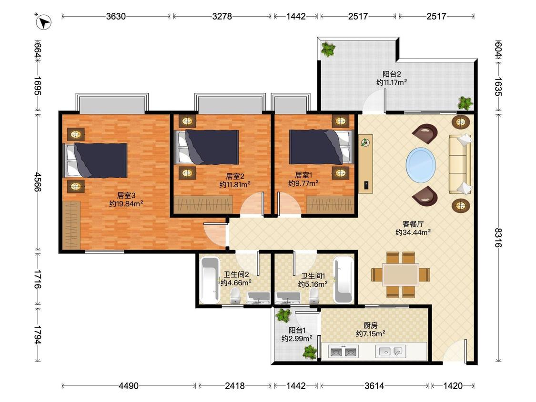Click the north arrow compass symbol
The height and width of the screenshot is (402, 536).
pos(43,22)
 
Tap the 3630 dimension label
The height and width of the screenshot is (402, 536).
pos(116,16)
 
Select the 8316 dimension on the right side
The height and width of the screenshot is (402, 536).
pos(498,237)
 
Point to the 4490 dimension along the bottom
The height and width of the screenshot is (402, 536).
pos(129,386)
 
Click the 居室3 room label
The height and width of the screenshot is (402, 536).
pos(126,196)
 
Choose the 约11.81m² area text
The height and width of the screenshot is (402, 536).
pos(235,185)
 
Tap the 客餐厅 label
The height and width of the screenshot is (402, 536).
pos(413,224)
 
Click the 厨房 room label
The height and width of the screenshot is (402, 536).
pos(371,325)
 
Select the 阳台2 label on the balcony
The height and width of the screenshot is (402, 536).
pos(392,74)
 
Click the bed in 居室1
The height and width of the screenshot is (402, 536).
pos(321,147)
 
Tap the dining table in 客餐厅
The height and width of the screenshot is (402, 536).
pos(401,274)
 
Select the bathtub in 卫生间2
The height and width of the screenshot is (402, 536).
pos(210,281)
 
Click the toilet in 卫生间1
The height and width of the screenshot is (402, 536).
pos(314,296)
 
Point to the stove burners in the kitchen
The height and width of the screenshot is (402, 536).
pos(343,352)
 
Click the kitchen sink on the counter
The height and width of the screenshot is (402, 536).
pos(391,352)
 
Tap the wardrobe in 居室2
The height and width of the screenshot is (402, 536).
pos(203,205)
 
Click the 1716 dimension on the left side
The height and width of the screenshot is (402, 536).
pos(38,279)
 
